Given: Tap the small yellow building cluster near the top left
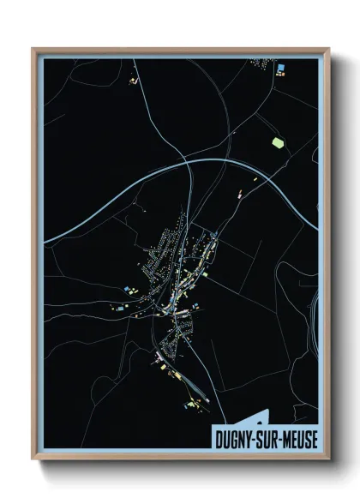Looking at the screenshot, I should pos(133,81).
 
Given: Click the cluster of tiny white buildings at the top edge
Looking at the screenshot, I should pos(260,63).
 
